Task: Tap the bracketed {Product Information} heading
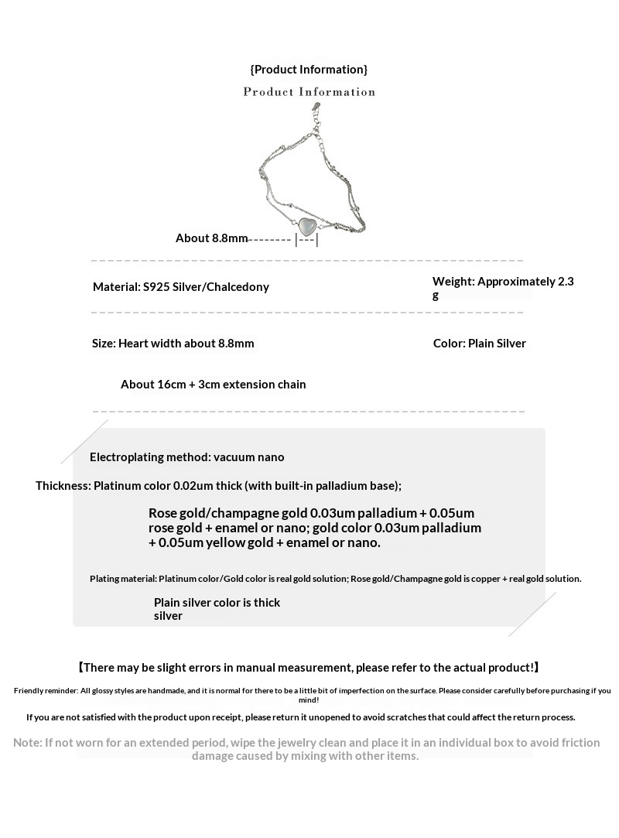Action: tap(309, 70)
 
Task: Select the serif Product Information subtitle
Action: tap(309, 92)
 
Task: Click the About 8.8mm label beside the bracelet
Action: tap(211, 238)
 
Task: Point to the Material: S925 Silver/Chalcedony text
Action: tap(181, 287)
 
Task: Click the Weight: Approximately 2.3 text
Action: tap(503, 282)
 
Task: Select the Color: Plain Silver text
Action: tap(479, 344)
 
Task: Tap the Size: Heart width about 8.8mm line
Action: tap(173, 344)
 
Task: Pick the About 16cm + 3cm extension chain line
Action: tap(214, 385)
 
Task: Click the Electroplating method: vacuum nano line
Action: tap(186, 457)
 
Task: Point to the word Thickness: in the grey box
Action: tap(63, 486)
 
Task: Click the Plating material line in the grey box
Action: tap(335, 579)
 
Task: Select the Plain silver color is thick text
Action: tap(217, 603)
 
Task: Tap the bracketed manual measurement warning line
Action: tap(309, 668)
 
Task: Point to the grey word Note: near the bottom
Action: tap(28, 743)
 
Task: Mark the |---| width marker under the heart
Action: tap(306, 240)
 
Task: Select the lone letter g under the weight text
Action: tap(436, 296)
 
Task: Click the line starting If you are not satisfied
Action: tap(300, 717)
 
